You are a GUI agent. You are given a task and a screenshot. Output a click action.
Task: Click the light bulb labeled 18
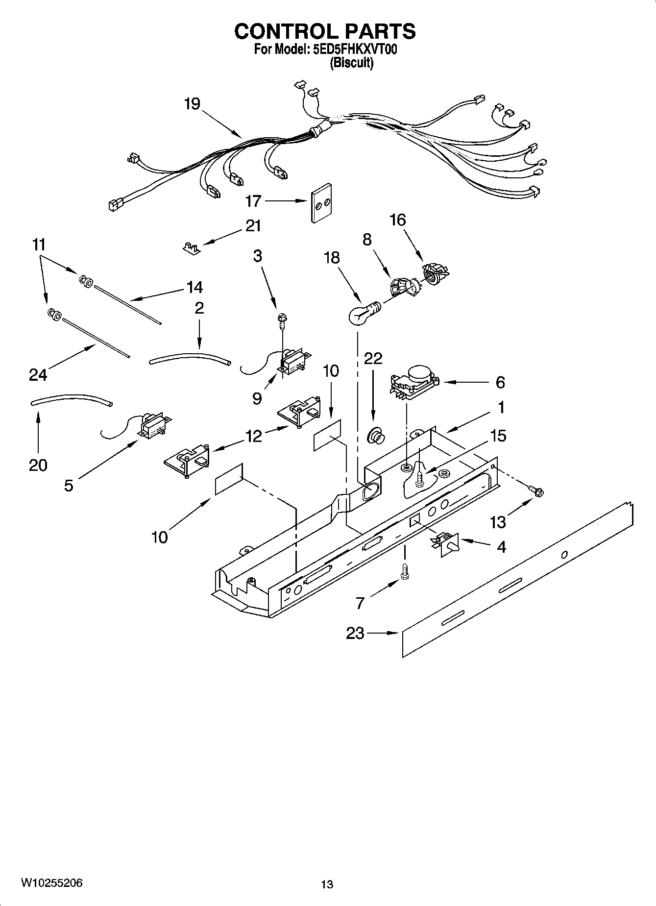click(360, 314)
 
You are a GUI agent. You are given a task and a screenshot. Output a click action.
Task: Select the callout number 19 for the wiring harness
click(192, 104)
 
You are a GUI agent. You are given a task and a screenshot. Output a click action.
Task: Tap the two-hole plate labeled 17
click(320, 203)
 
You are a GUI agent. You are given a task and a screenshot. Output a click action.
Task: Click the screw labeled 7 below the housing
click(404, 572)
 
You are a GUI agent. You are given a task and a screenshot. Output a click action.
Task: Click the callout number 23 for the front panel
click(355, 633)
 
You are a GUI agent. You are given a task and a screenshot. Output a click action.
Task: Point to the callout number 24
click(38, 375)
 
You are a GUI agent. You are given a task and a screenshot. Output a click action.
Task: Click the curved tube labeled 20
click(71, 398)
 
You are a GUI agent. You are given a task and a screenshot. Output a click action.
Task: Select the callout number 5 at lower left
click(69, 485)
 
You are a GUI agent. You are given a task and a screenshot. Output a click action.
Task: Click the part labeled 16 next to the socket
click(435, 272)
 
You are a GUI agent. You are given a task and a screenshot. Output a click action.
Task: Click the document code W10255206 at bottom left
click(51, 883)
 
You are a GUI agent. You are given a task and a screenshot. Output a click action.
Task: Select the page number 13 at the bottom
click(327, 884)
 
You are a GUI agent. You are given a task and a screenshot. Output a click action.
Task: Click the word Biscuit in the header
click(351, 63)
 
